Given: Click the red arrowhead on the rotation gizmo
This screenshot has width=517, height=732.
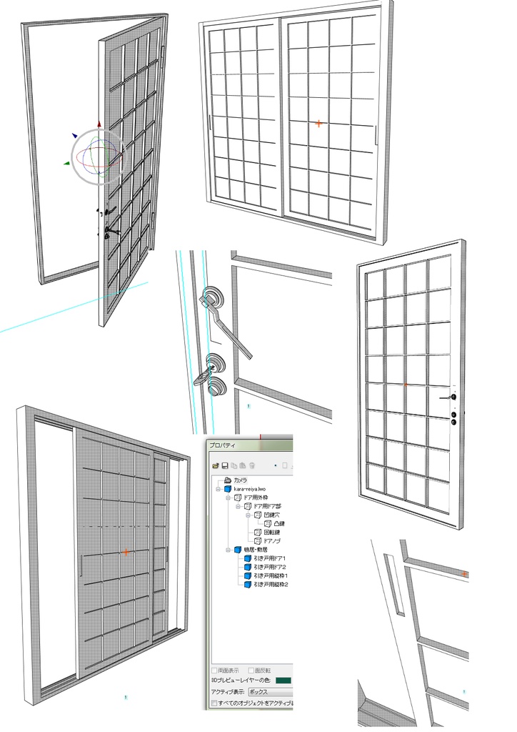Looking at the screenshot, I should (x=99, y=124).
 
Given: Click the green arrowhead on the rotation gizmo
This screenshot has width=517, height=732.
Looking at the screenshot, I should (x=66, y=164).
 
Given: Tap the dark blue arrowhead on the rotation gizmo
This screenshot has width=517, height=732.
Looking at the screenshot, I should (x=74, y=134).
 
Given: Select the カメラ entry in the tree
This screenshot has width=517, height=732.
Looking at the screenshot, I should (x=240, y=480).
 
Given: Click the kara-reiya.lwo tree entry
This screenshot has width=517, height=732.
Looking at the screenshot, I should (x=245, y=489).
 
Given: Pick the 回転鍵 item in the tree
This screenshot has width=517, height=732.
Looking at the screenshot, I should (x=271, y=533).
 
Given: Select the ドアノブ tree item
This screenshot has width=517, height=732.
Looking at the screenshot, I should (x=272, y=541).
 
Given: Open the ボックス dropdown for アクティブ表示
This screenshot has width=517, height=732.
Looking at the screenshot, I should (x=270, y=692).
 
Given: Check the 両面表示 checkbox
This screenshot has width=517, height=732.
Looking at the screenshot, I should (x=214, y=671).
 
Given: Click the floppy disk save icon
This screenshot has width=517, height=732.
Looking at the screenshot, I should (x=225, y=466).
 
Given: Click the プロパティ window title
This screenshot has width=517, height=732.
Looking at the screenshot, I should (x=223, y=445).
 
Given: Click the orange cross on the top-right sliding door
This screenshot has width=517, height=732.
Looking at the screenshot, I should (x=318, y=124).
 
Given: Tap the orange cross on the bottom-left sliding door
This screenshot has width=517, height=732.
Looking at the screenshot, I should (x=126, y=553).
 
